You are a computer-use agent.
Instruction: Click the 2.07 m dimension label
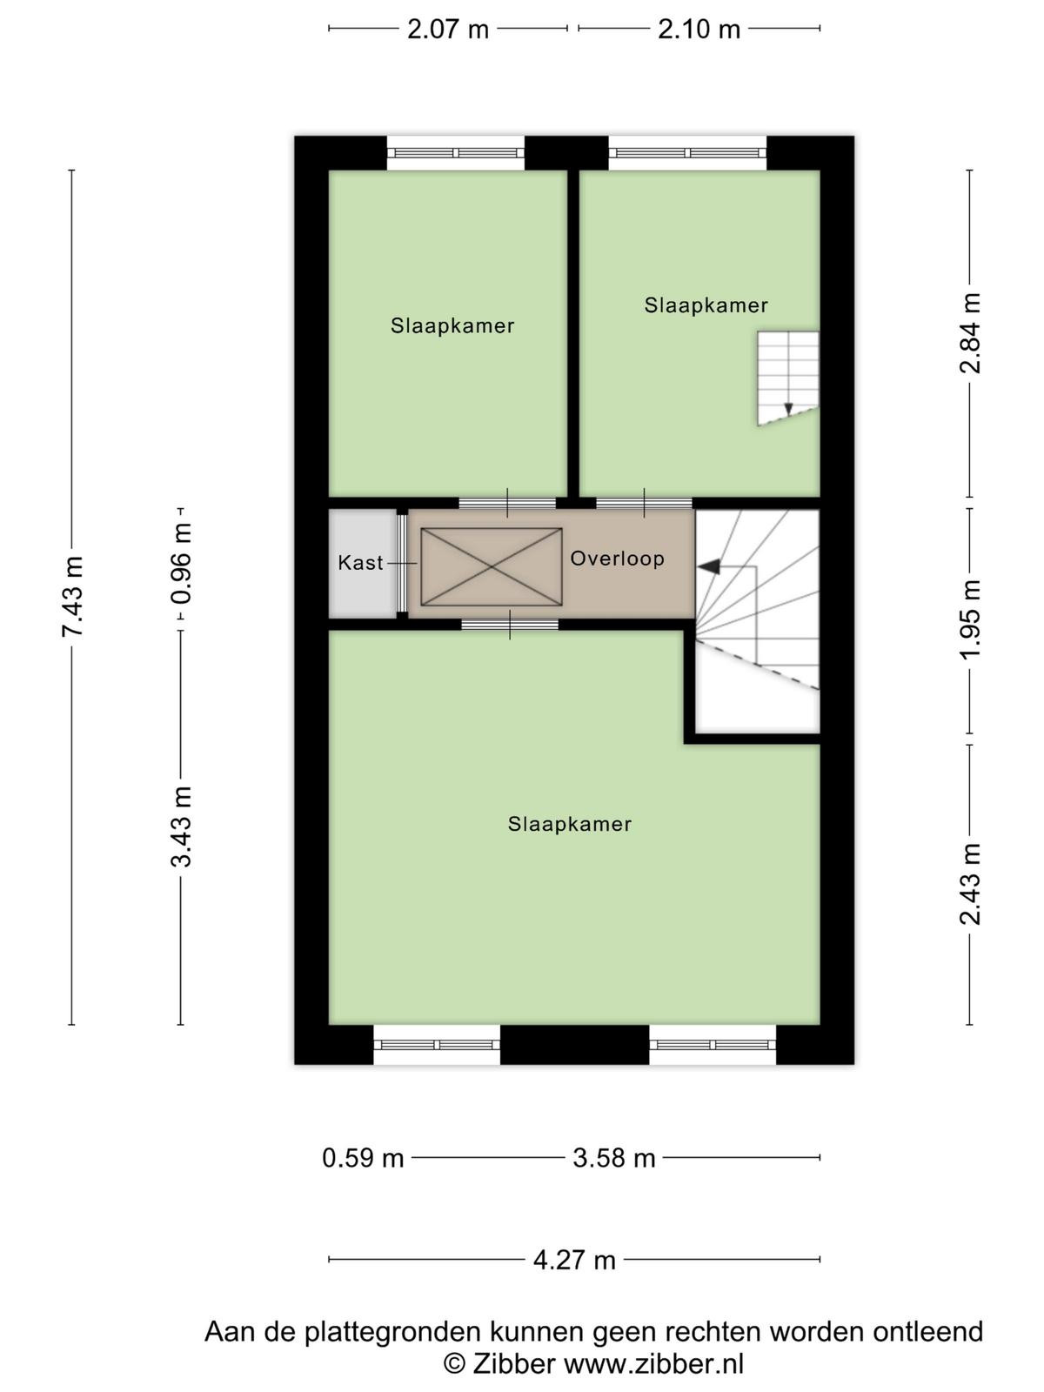(x=447, y=30)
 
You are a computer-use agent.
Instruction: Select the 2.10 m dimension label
(x=699, y=30)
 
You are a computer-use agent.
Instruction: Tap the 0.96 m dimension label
(x=181, y=563)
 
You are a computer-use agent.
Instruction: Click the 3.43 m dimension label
(x=181, y=826)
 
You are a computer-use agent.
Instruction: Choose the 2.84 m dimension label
(x=970, y=333)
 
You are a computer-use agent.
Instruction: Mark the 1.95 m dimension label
(x=970, y=619)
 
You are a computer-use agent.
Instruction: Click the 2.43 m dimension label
(x=970, y=884)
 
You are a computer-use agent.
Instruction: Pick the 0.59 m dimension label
(x=363, y=1159)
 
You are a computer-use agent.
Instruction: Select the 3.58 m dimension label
(x=613, y=1159)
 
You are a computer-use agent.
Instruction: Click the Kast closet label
(x=360, y=563)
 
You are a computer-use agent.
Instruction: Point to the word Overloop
(x=618, y=558)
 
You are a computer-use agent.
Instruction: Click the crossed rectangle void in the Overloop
(x=492, y=567)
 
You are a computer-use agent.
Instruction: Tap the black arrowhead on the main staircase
(x=710, y=566)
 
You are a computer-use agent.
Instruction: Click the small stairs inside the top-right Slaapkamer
(x=788, y=378)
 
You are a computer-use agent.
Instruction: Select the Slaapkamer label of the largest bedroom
(x=569, y=824)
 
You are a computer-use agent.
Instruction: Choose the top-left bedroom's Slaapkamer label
(x=452, y=325)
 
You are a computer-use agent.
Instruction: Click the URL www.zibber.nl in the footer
(x=653, y=1362)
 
